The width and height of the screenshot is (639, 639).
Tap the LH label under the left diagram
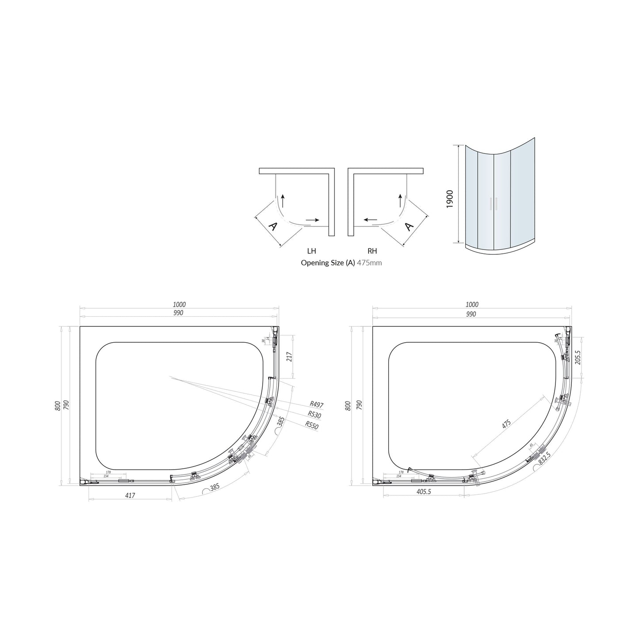pyautogui.click(x=312, y=251)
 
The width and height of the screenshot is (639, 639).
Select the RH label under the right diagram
pyautogui.click(x=372, y=251)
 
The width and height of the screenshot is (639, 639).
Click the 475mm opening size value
pyautogui.click(x=369, y=263)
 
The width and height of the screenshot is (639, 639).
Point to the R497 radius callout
pyautogui.click(x=317, y=404)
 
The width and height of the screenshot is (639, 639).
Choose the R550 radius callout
pyautogui.click(x=312, y=425)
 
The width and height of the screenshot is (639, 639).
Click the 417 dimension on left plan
pyautogui.click(x=130, y=496)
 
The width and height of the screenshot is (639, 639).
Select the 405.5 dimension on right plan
pyautogui.click(x=423, y=491)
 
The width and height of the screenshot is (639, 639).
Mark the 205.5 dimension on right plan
pyautogui.click(x=577, y=357)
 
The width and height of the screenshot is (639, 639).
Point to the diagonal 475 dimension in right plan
pyautogui.click(x=506, y=424)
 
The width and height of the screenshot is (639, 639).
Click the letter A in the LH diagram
pyautogui.click(x=273, y=227)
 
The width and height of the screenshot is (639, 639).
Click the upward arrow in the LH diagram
pyautogui.click(x=283, y=201)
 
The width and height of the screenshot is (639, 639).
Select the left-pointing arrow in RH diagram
pyautogui.click(x=371, y=219)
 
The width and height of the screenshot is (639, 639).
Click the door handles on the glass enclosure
pyautogui.click(x=494, y=203)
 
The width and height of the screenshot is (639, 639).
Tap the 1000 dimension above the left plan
pyautogui.click(x=180, y=304)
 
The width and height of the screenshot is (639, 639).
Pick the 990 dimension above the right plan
pyautogui.click(x=471, y=314)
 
